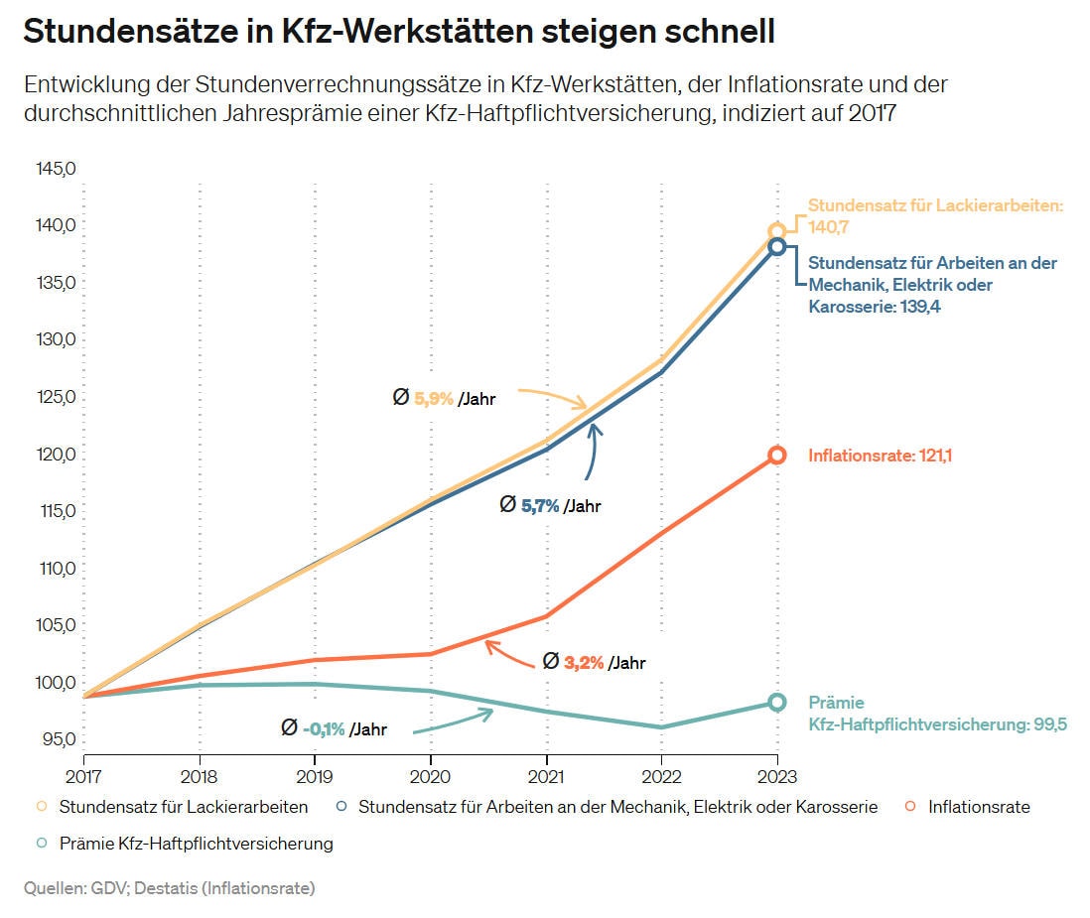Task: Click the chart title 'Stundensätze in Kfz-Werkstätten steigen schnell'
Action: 398,32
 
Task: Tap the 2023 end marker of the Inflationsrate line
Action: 777,456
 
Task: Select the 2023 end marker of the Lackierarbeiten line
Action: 777,232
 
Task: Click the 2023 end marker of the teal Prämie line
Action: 777,702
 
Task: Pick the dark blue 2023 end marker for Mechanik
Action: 777,246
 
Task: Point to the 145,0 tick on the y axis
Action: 56,169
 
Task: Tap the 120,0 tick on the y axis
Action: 56,455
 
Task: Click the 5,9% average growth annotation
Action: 434,399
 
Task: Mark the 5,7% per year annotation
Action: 540,506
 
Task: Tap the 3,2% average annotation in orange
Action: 584,663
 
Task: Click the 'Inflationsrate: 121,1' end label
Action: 880,456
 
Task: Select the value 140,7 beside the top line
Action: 829,227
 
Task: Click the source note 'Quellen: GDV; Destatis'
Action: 169,888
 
